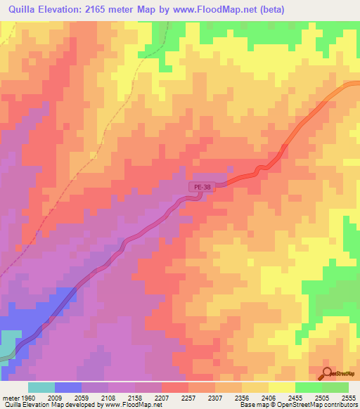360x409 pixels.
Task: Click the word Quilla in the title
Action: [x=22, y=9]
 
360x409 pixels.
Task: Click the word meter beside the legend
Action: [x=11, y=397]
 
